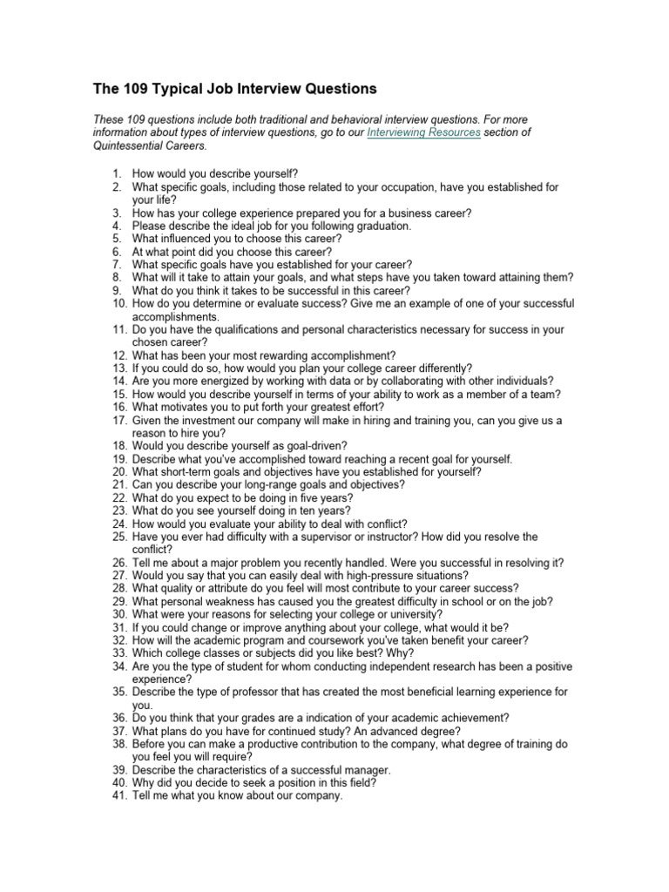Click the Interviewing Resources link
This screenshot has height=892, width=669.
423,132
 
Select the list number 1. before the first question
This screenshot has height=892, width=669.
118,174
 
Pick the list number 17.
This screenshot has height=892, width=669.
119,420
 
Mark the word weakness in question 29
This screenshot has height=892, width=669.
244,601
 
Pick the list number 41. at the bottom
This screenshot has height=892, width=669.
119,795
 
